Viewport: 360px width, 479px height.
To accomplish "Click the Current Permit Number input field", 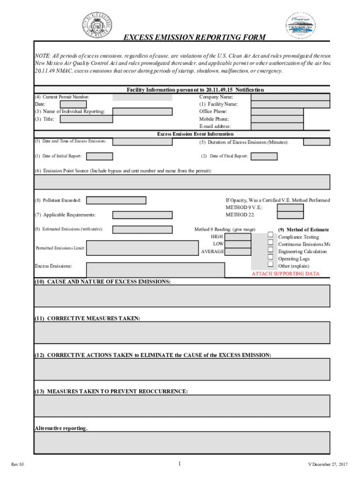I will pyautogui.click(x=142, y=97).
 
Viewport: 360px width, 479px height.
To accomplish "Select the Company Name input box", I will pyautogui.click(x=290, y=97).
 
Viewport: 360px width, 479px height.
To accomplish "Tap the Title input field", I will pyautogui.click(x=86, y=119).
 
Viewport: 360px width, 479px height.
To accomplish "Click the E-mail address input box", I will pyautogui.click(x=277, y=126).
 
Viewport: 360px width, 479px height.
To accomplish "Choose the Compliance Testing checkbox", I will pyautogui.click(x=270, y=235).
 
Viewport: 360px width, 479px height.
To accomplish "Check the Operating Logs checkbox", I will pyautogui.click(x=270, y=257).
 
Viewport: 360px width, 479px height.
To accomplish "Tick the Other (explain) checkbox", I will pyautogui.click(x=270, y=264).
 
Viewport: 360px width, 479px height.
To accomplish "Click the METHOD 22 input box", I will pyautogui.click(x=290, y=215).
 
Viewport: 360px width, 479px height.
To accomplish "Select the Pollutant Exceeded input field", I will pyautogui.click(x=116, y=200).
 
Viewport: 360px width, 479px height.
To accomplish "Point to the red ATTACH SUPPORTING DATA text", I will pyautogui.click(x=285, y=274).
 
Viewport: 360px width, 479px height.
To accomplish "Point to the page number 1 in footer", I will pyautogui.click(x=179, y=464).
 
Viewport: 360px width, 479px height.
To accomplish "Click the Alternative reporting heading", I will pyautogui.click(x=61, y=428).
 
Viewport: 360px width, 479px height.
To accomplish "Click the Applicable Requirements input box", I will pyautogui.click(x=142, y=215).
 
